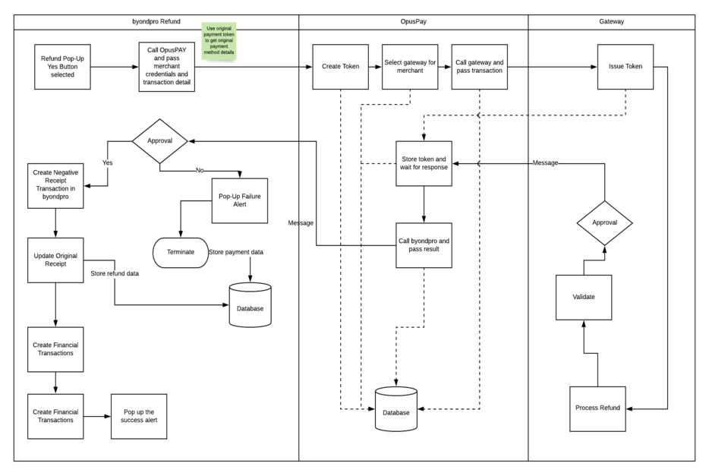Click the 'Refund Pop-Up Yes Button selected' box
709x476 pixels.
tap(63, 68)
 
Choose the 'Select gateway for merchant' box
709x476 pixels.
tap(411, 67)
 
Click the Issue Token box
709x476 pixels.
tap(625, 67)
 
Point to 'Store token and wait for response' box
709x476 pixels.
tap(424, 163)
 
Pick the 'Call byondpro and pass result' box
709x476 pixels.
tap(424, 245)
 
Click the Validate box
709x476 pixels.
tap(583, 296)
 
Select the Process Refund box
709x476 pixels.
tap(597, 408)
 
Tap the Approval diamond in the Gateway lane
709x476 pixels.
tap(604, 223)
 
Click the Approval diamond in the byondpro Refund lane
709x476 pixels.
tap(159, 141)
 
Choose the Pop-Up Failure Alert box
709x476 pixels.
tap(240, 200)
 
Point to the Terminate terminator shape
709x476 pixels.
tap(181, 252)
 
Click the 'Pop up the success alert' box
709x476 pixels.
tap(140, 415)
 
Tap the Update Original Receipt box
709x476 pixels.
tap(55, 260)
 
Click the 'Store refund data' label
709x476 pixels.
tap(114, 273)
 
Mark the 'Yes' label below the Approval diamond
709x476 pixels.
tap(108, 162)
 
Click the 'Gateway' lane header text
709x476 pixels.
tap(611, 21)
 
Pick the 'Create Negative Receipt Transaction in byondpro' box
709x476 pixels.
tap(55, 184)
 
